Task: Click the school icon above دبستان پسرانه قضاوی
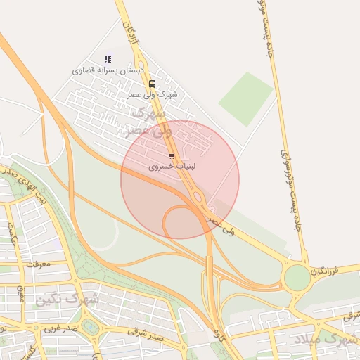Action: tap(108, 60)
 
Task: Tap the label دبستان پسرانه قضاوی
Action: tap(108, 71)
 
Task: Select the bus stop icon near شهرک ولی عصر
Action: tap(153, 84)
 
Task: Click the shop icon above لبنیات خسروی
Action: tap(172, 156)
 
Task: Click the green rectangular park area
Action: tap(245, 98)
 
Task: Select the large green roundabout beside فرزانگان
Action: tap(297, 277)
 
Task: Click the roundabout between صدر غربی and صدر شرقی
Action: tap(89, 326)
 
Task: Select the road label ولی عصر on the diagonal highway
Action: tap(221, 224)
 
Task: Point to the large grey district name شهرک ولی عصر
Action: tap(149, 121)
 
